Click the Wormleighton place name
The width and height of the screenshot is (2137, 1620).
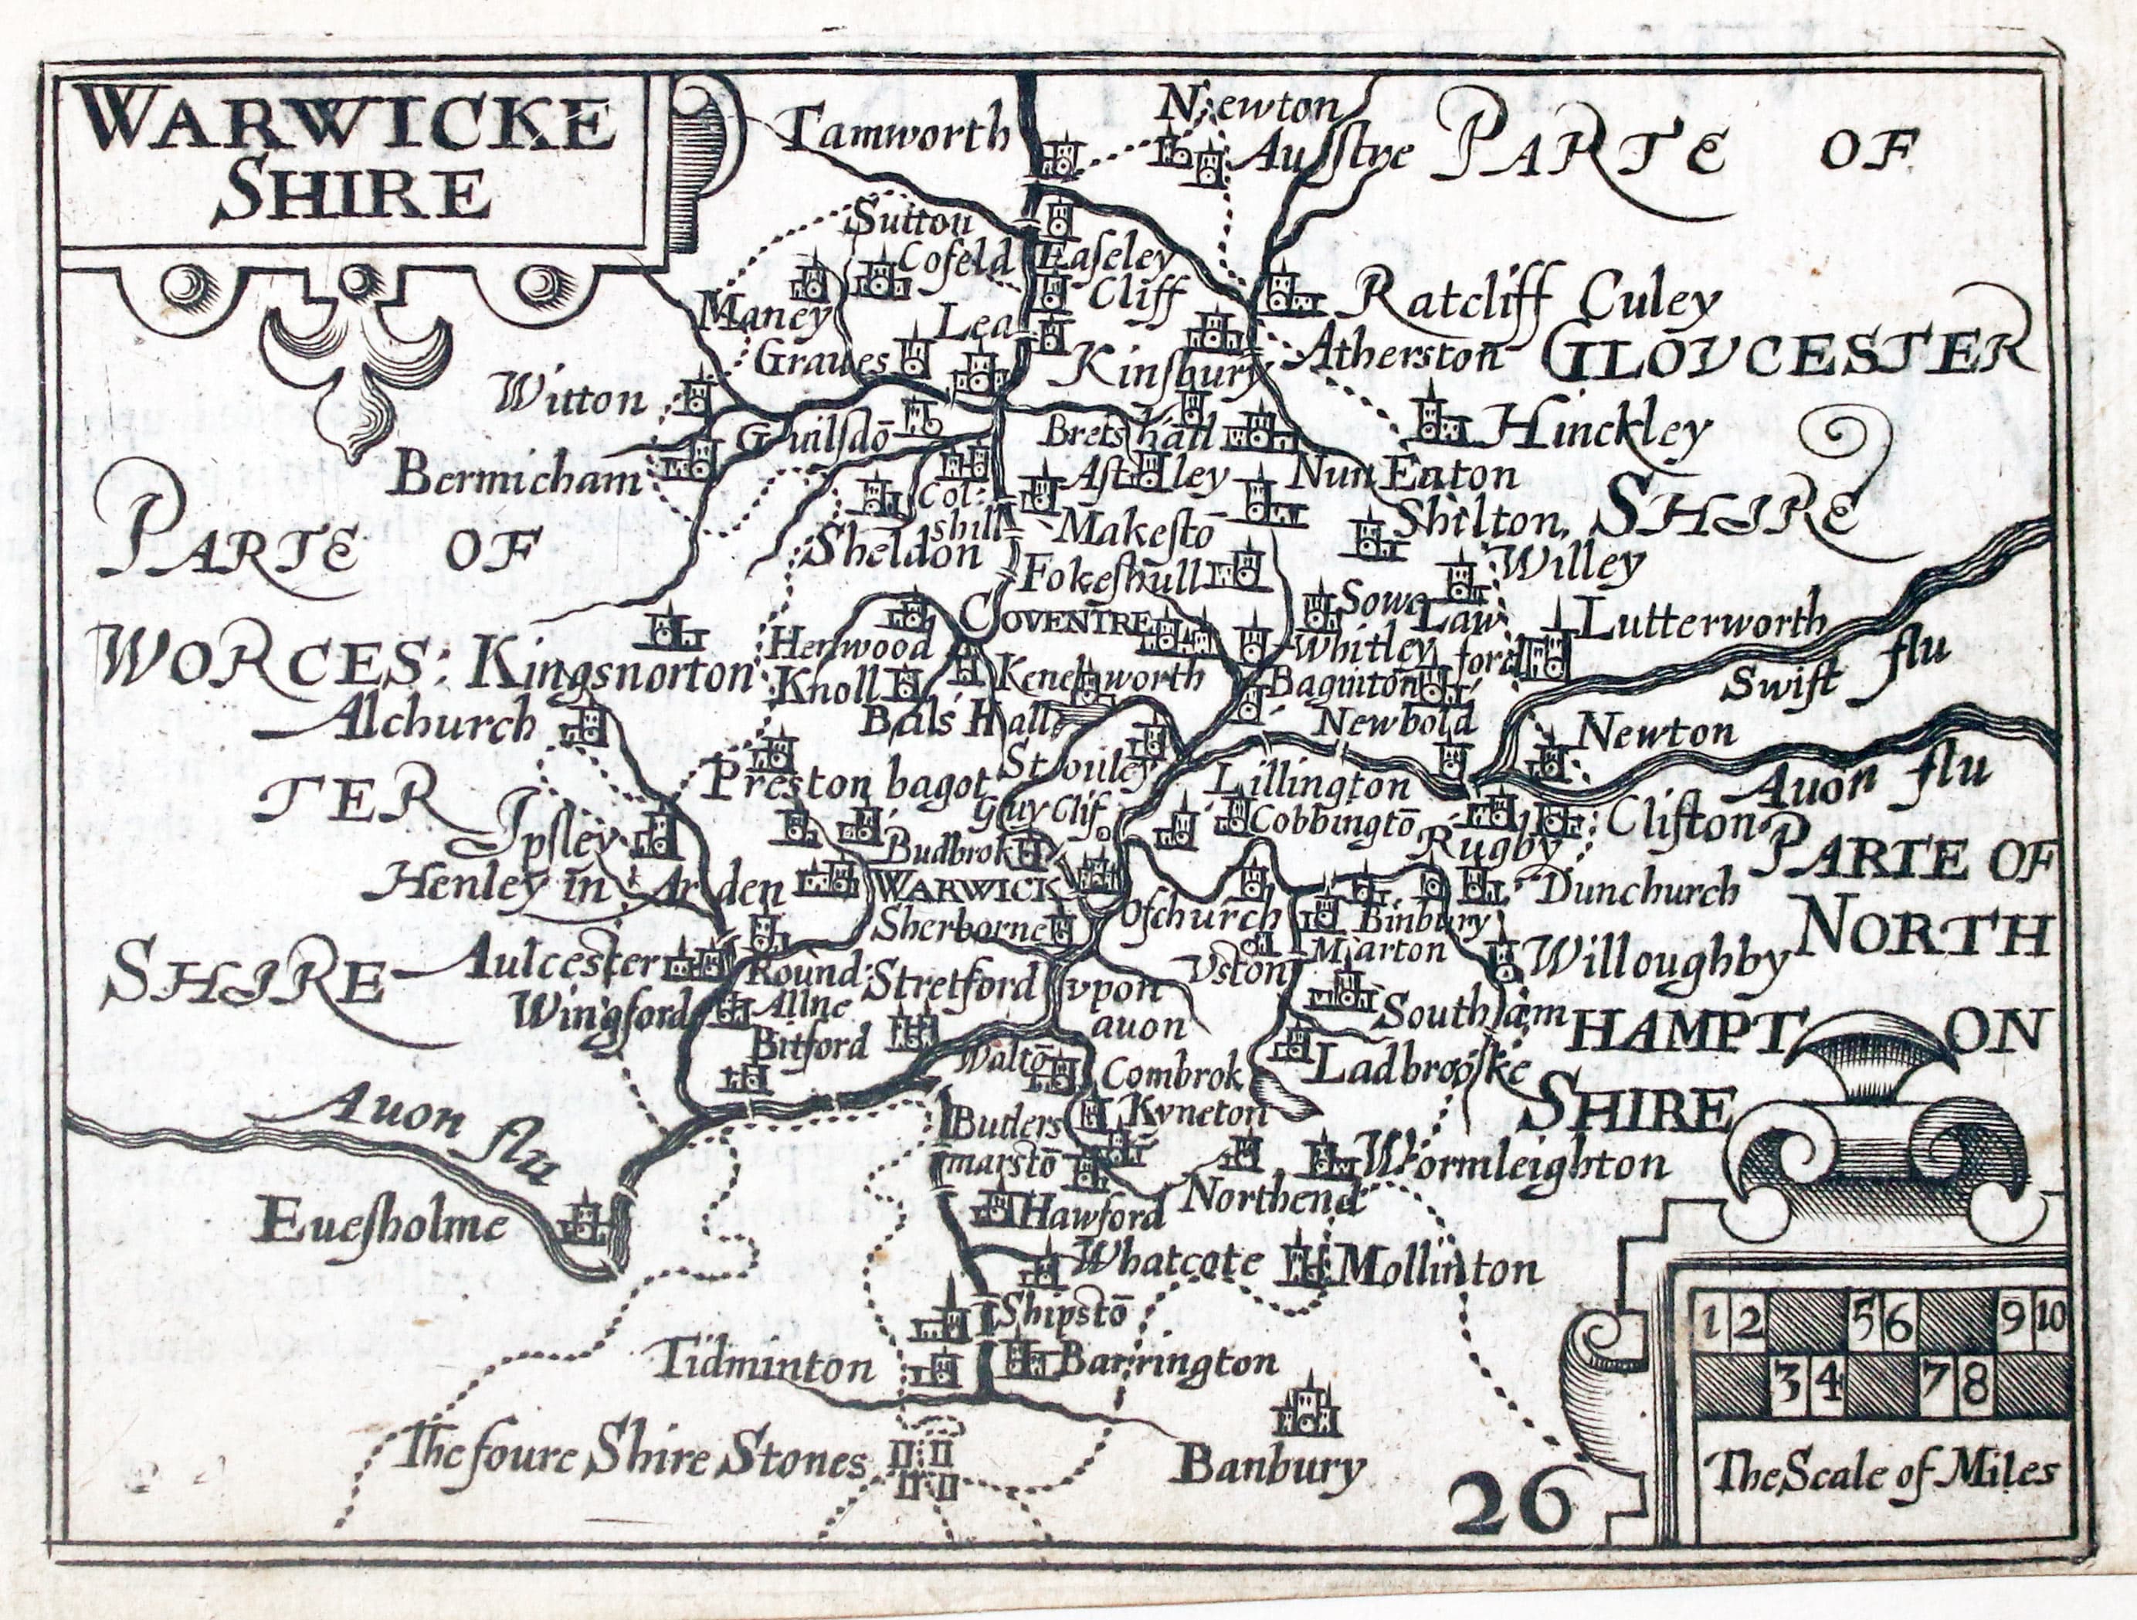click(x=1513, y=1163)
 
